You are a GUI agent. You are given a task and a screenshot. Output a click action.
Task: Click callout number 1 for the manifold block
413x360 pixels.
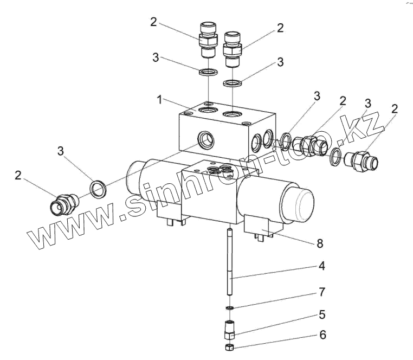click(159, 100)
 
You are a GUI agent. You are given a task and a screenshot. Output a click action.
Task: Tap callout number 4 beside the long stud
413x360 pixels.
click(321, 266)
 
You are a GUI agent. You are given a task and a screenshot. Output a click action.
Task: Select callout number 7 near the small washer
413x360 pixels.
click(322, 292)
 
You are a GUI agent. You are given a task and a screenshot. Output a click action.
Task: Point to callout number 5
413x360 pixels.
click(322, 314)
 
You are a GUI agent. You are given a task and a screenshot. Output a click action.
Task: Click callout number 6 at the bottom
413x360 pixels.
click(323, 335)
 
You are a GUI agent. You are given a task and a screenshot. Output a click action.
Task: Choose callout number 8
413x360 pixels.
click(320, 243)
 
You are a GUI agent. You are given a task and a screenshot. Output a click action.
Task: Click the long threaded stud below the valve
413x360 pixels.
click(230, 262)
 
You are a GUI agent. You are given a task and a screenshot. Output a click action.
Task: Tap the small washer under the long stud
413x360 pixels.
click(230, 307)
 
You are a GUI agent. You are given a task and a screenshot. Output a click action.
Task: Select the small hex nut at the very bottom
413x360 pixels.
click(229, 348)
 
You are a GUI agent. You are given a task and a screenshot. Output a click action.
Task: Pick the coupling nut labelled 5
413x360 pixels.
click(229, 330)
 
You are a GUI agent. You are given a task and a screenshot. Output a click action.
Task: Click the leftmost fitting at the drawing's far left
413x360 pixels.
click(64, 204)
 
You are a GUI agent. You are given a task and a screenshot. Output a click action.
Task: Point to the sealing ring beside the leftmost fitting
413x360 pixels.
click(98, 189)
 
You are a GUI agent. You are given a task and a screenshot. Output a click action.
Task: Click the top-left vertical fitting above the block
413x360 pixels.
click(208, 40)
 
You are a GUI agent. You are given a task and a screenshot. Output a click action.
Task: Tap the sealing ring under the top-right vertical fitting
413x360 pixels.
click(233, 83)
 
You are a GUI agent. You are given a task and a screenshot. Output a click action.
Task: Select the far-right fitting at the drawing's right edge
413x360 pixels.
click(361, 161)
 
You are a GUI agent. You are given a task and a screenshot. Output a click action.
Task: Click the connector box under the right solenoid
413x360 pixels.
click(260, 227)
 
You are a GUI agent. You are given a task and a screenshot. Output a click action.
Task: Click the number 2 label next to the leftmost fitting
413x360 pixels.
click(18, 176)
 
